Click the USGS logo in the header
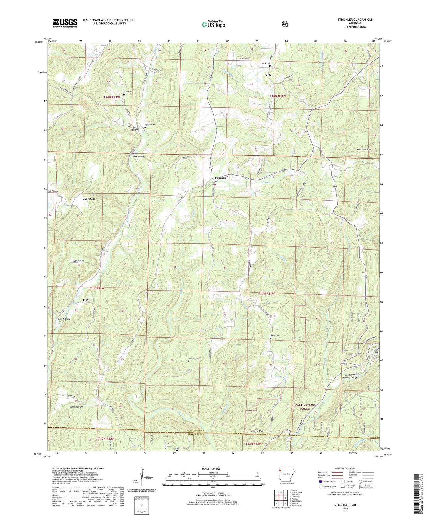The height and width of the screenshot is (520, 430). (65, 23)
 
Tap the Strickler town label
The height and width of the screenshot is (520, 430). (220, 178)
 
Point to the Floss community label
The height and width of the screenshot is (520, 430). (86, 299)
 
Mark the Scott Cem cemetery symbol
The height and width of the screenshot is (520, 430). (124, 94)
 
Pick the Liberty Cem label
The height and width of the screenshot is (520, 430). (274, 336)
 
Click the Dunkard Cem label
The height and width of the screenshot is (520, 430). (193, 358)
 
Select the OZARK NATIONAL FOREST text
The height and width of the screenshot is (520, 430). (305, 407)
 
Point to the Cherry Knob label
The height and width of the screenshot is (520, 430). (257, 431)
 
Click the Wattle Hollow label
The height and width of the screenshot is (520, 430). (364, 149)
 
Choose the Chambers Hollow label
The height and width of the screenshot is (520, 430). (133, 128)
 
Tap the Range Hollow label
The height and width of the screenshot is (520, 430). (76, 407)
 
